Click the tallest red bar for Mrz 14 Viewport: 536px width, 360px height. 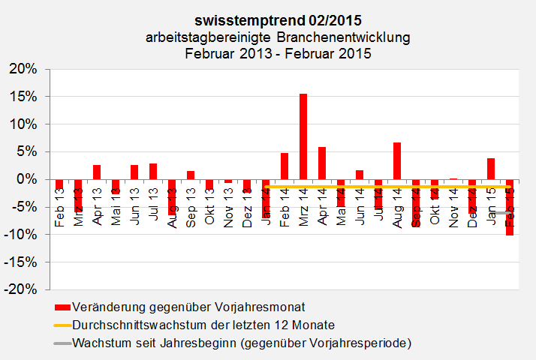pyautogui.click(x=303, y=136)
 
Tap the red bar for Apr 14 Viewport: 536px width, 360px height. pyautogui.click(x=322, y=163)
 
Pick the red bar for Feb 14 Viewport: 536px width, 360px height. pyautogui.click(x=285, y=166)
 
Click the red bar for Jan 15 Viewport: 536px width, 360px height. pyautogui.click(x=491, y=169)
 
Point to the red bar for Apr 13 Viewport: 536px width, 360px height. pyautogui.click(x=97, y=172)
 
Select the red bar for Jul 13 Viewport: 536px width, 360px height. pyautogui.click(x=153, y=171)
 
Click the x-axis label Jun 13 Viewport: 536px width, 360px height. pyautogui.click(x=134, y=204)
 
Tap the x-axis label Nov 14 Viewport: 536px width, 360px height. pyautogui.click(x=453, y=204)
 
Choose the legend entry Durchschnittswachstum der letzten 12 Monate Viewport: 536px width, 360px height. pyautogui.click(x=203, y=325)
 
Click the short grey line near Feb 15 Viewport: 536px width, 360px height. pyautogui.click(x=501, y=213)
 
